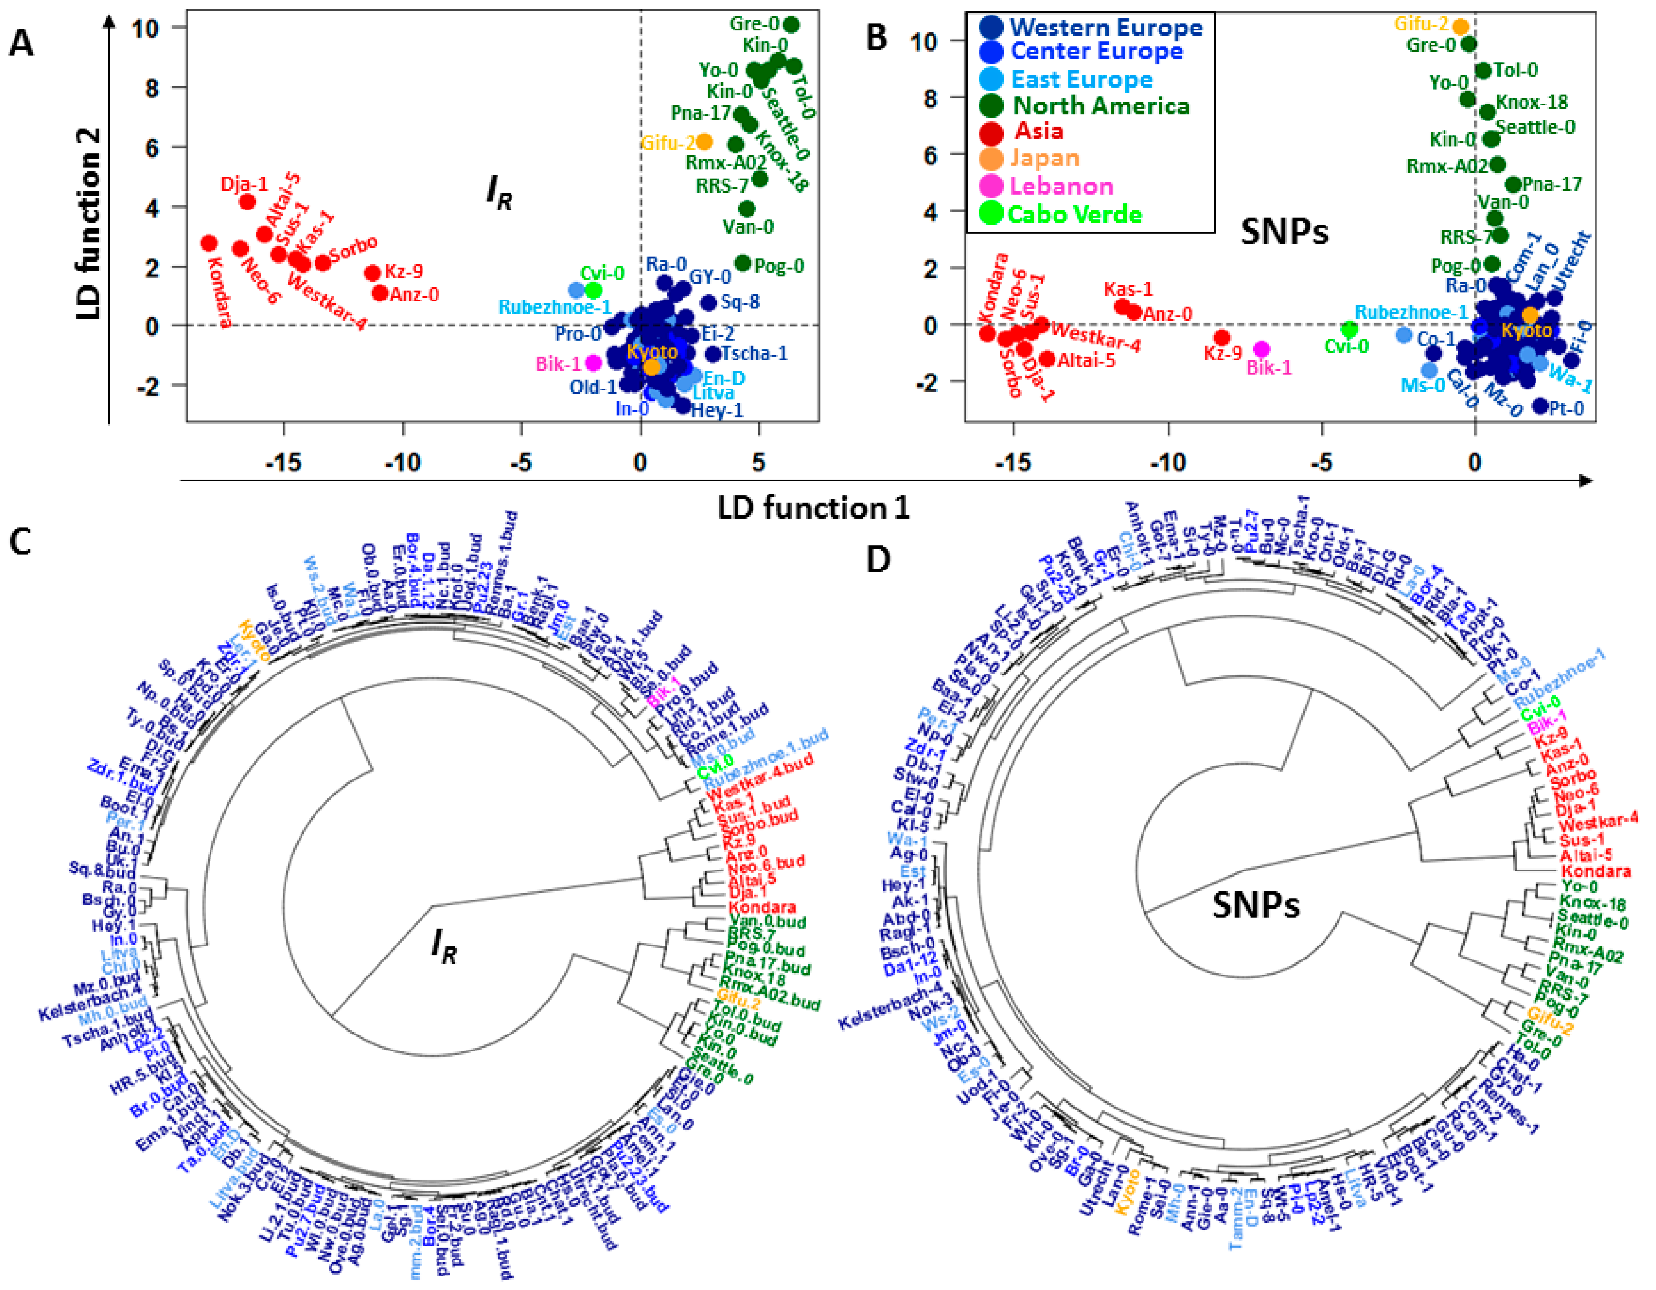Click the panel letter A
coord(21,43)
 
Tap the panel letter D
coord(877,559)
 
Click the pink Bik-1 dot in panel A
coord(593,363)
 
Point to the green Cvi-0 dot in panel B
coord(1348,329)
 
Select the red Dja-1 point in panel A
coord(247,202)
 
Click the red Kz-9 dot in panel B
coord(1221,337)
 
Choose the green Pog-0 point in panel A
coord(743,263)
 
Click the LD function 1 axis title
coord(813,508)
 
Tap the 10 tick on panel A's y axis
coord(145,28)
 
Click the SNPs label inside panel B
coord(1284,232)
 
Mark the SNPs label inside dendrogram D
coord(1256,905)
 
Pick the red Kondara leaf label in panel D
coord(1596,871)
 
